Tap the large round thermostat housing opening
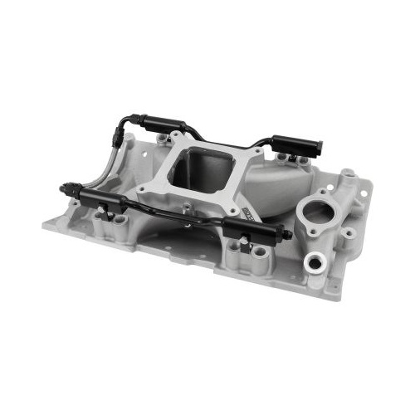tap(318, 209)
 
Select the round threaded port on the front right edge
tap(315, 264)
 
